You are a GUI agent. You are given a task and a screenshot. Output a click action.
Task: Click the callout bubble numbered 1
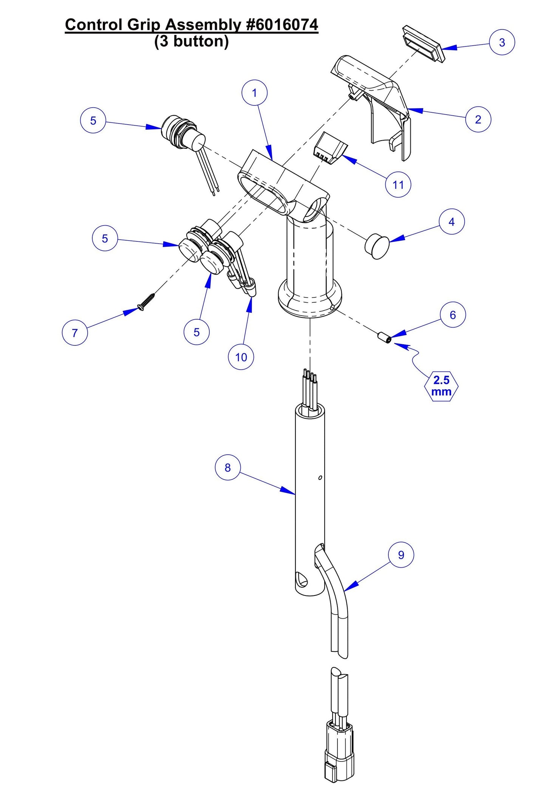[254, 93]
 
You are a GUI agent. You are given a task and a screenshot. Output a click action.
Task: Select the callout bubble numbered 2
[478, 119]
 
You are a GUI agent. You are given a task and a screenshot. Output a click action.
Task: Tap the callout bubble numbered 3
[502, 42]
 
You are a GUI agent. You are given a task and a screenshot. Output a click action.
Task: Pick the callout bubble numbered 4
[452, 222]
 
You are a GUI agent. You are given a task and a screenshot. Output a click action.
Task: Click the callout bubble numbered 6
[453, 315]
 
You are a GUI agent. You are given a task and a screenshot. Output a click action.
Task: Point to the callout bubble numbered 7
[75, 333]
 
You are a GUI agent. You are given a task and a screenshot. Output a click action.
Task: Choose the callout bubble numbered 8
[227, 467]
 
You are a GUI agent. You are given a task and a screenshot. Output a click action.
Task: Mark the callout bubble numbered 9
[401, 555]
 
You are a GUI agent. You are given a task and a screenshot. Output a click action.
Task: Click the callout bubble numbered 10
[241, 357]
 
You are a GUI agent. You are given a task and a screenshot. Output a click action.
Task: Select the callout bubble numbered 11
[398, 185]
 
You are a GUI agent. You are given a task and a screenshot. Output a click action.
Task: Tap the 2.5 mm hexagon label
[441, 386]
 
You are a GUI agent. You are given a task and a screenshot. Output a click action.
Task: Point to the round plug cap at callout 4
[377, 246]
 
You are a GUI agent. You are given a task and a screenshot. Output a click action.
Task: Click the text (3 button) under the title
[191, 41]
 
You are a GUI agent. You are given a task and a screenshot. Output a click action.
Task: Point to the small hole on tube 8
[320, 478]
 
